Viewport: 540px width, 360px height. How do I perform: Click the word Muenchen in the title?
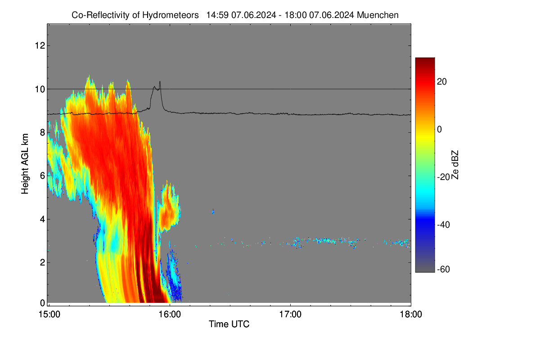click(x=378, y=15)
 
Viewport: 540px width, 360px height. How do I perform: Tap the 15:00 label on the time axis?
click(x=49, y=315)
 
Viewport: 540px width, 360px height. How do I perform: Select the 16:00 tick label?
click(x=170, y=315)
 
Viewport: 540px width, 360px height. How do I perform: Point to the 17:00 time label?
click(x=290, y=315)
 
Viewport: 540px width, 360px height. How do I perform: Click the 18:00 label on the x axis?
click(x=411, y=315)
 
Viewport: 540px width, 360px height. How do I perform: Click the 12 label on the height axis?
click(x=40, y=45)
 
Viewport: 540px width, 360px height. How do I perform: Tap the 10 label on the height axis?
click(x=40, y=89)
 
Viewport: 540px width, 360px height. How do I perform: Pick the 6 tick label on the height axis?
click(x=43, y=176)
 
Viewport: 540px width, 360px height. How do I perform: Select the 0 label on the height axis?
click(x=43, y=303)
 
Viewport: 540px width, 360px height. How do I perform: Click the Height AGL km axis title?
click(x=25, y=164)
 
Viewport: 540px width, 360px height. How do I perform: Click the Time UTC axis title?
click(x=229, y=324)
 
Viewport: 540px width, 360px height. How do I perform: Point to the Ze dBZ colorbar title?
click(x=454, y=165)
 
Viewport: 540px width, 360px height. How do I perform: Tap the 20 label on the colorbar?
click(x=442, y=82)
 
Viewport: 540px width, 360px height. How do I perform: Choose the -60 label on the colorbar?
click(x=444, y=270)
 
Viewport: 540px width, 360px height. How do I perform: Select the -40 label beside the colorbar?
click(x=444, y=225)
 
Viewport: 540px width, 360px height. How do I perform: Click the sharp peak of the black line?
click(x=160, y=81)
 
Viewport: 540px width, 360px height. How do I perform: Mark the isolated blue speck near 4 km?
click(x=213, y=211)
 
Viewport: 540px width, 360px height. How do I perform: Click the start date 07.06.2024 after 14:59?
click(x=254, y=15)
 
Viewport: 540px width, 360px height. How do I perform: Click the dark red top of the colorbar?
click(x=425, y=60)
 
